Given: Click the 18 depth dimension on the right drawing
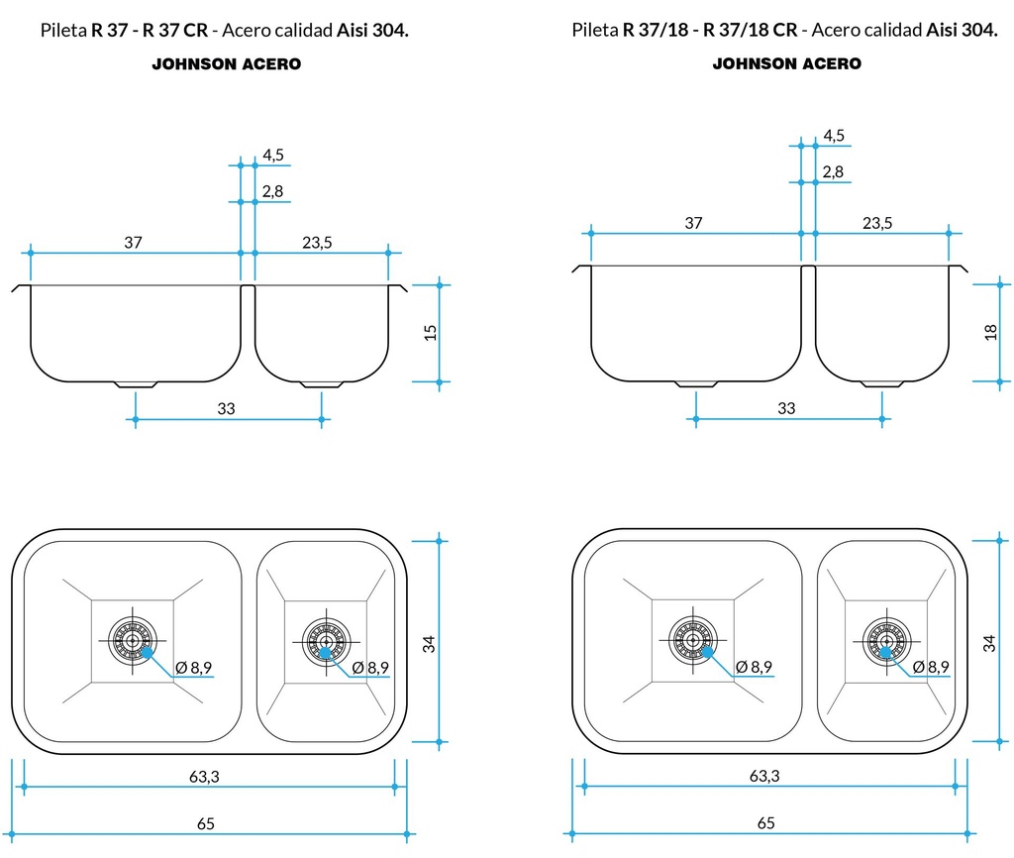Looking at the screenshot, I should pyautogui.click(x=991, y=331).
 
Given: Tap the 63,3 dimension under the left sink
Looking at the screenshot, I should pyautogui.click(x=204, y=777).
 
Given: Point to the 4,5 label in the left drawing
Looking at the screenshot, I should pyautogui.click(x=273, y=155).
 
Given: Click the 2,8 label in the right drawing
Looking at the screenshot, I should pyautogui.click(x=833, y=172).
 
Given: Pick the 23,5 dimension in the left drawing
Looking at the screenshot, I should pyautogui.click(x=317, y=243).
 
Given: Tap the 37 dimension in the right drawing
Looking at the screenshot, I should pyautogui.click(x=693, y=223).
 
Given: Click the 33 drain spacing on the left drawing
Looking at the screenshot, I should pyautogui.click(x=226, y=409).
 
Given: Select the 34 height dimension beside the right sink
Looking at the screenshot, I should pyautogui.click(x=989, y=642).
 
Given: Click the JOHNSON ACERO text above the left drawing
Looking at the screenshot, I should pyautogui.click(x=226, y=64).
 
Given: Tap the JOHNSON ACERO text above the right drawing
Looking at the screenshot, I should pyautogui.click(x=787, y=63).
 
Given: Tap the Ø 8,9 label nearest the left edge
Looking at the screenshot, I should pyautogui.click(x=194, y=668).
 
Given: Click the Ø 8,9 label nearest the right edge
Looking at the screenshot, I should pyautogui.click(x=931, y=667).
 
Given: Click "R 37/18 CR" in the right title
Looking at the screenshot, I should pyautogui.click(x=751, y=30).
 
